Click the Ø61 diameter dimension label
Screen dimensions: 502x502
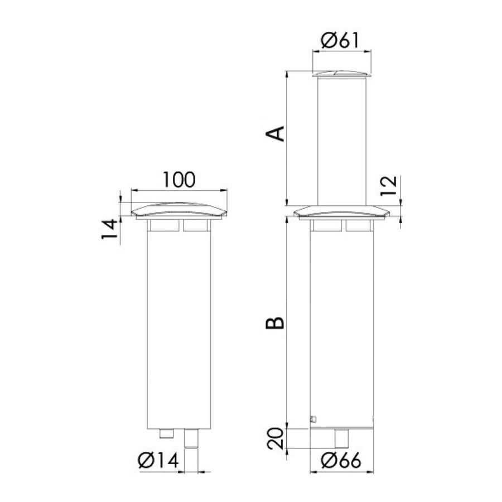coord(340,40)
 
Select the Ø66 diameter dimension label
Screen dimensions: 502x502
coord(341,461)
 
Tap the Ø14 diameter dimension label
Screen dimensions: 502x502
coord(158,461)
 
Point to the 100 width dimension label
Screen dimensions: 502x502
coord(179,180)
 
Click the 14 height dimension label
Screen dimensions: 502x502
coord(109,229)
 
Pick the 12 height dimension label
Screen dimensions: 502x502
coord(389,186)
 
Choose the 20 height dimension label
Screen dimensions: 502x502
coord(276,438)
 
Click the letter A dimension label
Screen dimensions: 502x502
coord(276,133)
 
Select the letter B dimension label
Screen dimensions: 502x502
coord(275,323)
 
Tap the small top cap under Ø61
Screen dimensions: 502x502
coord(341,74)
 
